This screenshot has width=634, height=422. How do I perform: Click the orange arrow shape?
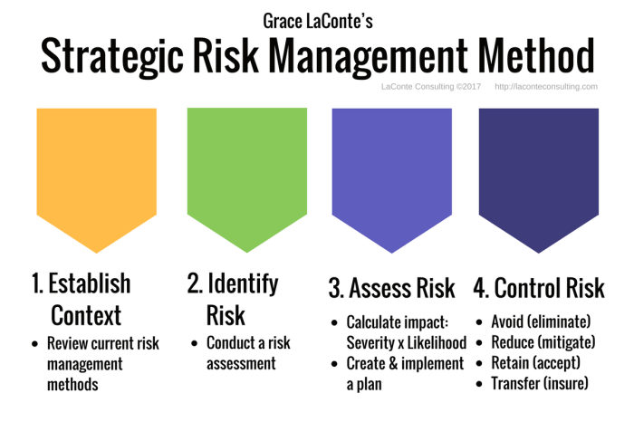coord(96,172)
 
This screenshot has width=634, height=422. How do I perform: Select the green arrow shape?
coord(246,172)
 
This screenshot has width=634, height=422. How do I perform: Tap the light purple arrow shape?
coord(391,172)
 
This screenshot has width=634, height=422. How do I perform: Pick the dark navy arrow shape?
coord(538,172)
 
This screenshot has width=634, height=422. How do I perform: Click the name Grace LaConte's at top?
coord(316,19)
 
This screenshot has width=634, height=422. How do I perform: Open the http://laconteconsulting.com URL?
coord(546,87)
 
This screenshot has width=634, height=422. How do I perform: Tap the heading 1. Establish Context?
coord(82,299)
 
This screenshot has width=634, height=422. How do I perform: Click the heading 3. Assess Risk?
coord(392,289)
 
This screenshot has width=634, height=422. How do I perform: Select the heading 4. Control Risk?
coord(538,289)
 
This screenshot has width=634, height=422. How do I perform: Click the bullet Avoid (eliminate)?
coord(540,321)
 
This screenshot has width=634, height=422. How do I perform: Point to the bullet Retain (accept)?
coord(533,363)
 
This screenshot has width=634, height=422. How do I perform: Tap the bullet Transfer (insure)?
coord(539,384)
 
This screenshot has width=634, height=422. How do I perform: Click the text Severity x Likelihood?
coord(406,343)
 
